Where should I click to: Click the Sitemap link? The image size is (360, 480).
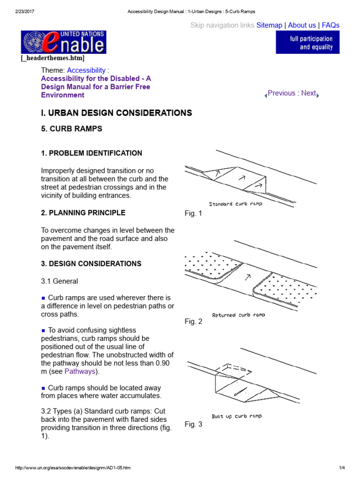[269, 25]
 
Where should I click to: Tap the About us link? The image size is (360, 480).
[301, 25]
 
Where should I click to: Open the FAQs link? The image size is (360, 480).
[330, 25]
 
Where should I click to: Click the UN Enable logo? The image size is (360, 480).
[64, 42]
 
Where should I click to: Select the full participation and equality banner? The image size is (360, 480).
[307, 43]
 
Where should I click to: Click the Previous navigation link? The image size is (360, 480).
[281, 93]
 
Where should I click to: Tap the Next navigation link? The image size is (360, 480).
[308, 93]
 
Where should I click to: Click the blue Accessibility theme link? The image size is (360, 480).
[86, 70]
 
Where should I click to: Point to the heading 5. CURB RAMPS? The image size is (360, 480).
[72, 129]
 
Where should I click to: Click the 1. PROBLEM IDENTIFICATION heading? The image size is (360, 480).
[91, 153]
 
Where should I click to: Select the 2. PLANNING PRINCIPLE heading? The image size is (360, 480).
[83, 213]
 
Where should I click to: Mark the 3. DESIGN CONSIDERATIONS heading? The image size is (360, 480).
[91, 264]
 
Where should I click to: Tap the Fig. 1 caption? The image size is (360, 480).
[193, 214]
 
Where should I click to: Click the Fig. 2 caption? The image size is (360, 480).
[193, 322]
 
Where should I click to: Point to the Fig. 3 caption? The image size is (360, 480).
[193, 425]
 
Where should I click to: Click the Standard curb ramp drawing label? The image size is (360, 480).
[235, 204]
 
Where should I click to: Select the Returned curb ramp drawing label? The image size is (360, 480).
[238, 315]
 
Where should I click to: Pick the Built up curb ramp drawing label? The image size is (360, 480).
[237, 416]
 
